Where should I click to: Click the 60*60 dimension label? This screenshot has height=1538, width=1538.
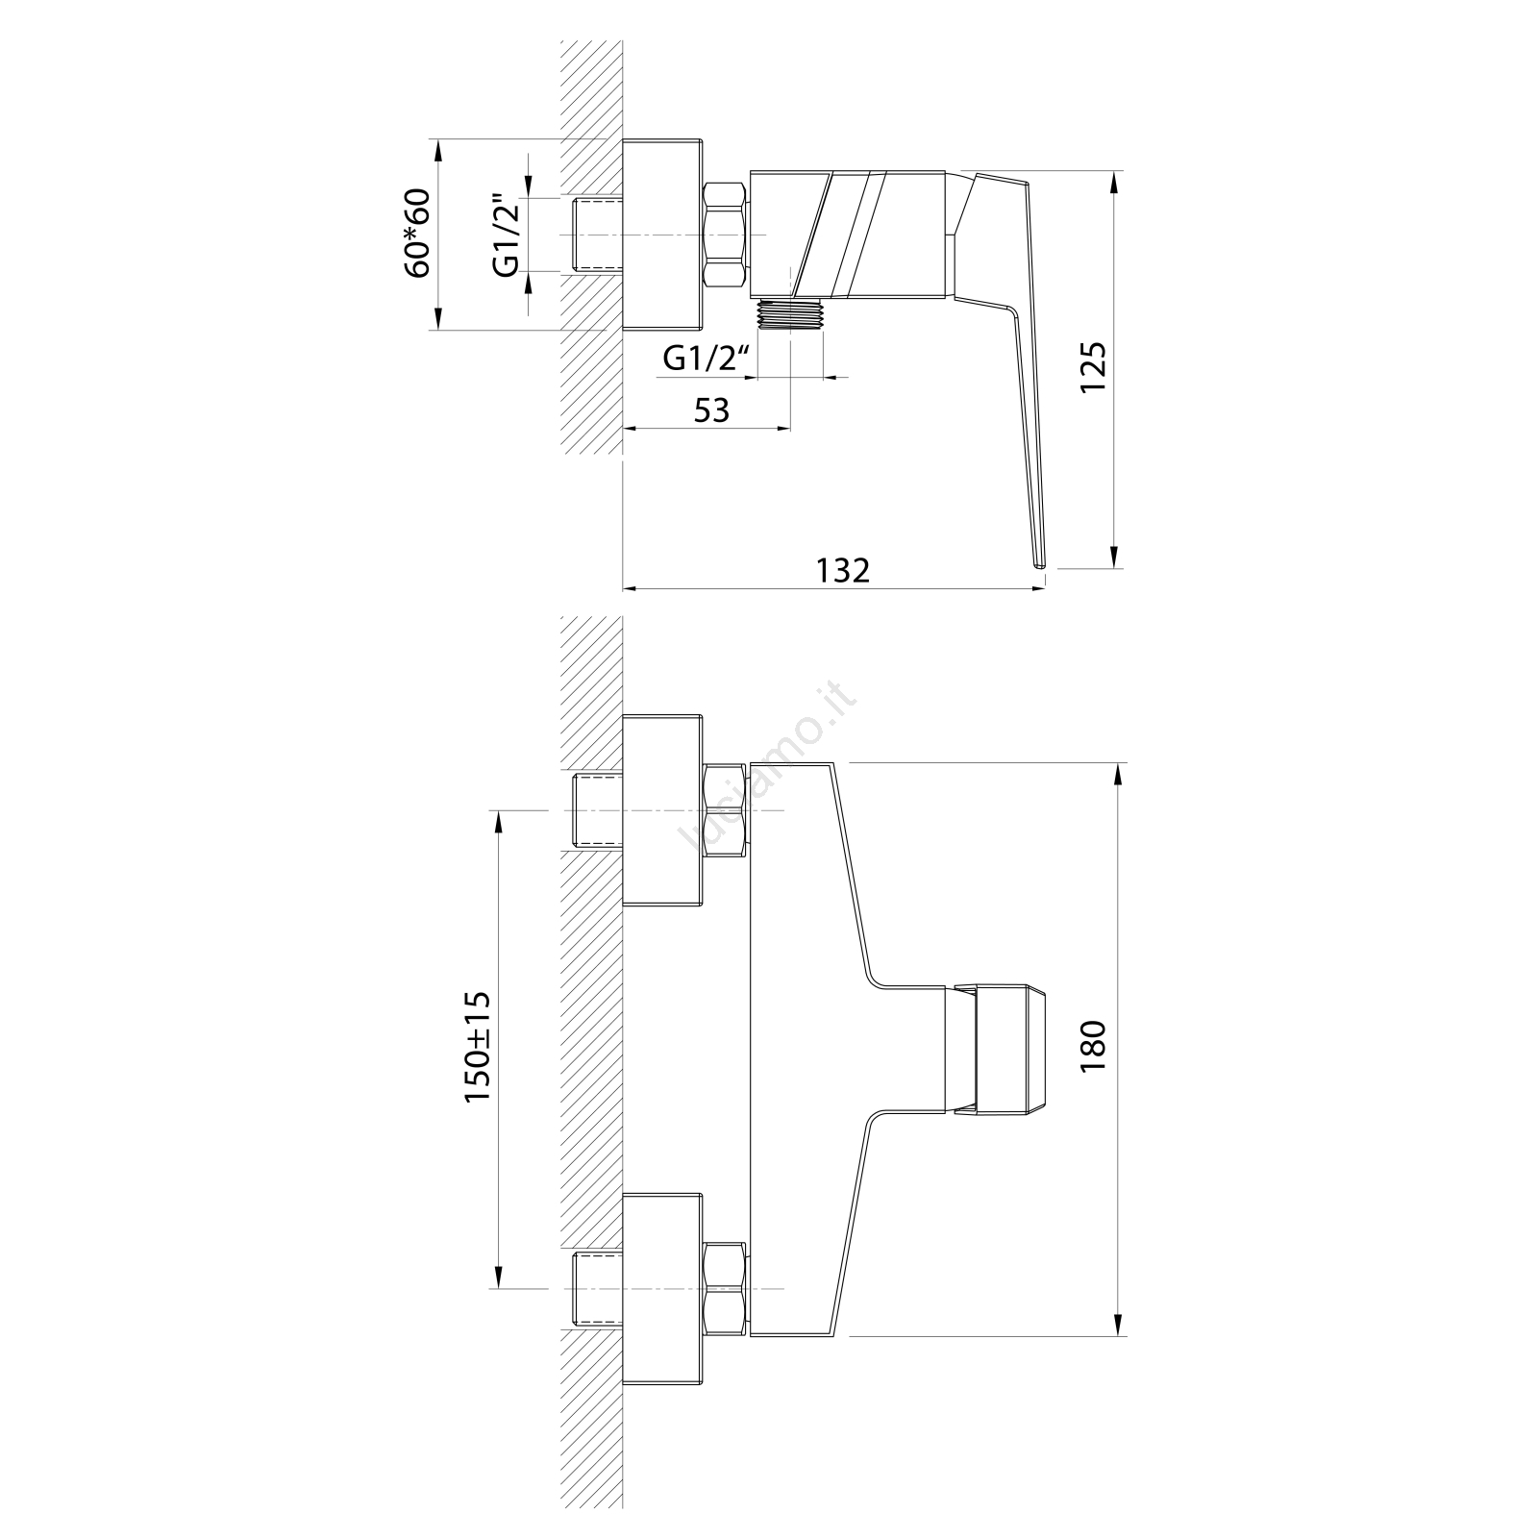coord(418,234)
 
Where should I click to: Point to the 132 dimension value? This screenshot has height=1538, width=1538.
coord(843,570)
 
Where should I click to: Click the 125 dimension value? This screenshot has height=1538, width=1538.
coord(1094,366)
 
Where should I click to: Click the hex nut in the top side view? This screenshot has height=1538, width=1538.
coord(726,236)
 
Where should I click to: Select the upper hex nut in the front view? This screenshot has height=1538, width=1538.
coord(726,810)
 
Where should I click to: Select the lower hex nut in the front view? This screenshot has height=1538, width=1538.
coord(726,1288)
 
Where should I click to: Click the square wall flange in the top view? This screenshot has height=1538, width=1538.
coord(662,236)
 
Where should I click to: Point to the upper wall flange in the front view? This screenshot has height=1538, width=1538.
coord(662,810)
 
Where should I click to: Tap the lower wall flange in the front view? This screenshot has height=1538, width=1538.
coord(662,1288)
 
